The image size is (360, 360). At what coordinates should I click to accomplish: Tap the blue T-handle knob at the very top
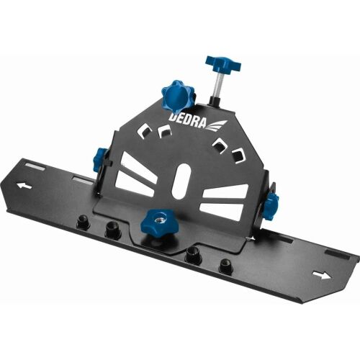coord(222,64)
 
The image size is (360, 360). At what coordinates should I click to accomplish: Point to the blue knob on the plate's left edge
coord(100,159)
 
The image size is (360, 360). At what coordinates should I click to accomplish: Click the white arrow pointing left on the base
coord(26,186)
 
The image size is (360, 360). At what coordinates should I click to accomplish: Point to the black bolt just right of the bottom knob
coord(193,255)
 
